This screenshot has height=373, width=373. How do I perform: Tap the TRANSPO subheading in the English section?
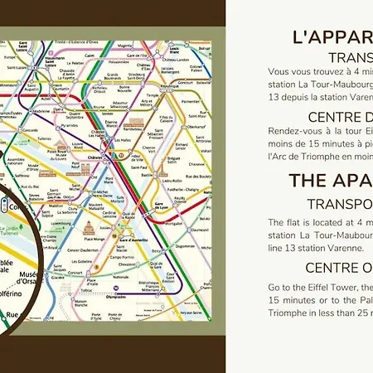point(339,203)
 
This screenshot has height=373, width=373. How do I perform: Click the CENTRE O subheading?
point(338,267)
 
